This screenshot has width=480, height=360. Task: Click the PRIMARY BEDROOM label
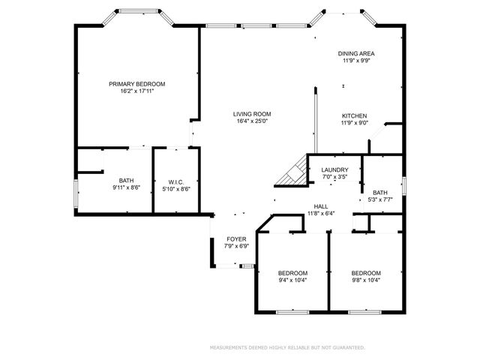click(136, 84)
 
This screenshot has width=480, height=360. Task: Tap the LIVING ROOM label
click(252, 114)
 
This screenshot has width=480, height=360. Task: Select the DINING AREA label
click(356, 53)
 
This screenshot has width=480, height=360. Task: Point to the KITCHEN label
click(354, 116)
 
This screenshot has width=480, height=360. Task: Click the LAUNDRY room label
click(334, 170)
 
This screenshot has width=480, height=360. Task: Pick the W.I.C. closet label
click(176, 182)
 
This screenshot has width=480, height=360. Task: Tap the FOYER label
click(236, 239)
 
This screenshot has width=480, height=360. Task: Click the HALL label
click(321, 207)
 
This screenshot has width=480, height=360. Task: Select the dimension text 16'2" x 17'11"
click(136, 91)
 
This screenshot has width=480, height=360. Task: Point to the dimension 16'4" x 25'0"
click(252, 121)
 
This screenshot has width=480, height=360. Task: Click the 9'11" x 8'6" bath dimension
click(126, 187)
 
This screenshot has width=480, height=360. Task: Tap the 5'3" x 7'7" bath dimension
click(380, 199)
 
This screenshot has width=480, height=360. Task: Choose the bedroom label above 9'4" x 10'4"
click(292, 273)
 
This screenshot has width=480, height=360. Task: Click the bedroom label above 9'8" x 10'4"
click(366, 273)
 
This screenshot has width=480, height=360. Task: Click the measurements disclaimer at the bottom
click(287, 348)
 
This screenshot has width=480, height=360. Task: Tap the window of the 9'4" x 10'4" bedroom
click(292, 312)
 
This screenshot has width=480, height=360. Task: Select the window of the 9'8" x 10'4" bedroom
click(365, 312)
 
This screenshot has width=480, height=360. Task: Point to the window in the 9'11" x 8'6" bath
click(76, 194)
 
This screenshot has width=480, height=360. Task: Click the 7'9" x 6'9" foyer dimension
click(236, 246)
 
